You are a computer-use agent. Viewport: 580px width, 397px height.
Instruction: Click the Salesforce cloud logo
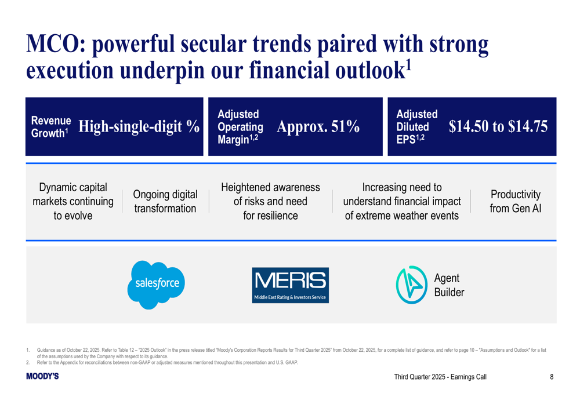coord(156,285)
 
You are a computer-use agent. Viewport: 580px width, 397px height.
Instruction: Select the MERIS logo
coord(291,285)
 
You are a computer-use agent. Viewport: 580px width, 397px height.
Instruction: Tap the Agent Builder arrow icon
coord(411,285)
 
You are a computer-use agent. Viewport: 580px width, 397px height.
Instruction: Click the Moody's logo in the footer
coord(42,376)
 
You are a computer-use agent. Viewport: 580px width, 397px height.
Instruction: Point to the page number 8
coord(552,377)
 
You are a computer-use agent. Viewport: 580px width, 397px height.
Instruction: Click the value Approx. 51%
coord(318,126)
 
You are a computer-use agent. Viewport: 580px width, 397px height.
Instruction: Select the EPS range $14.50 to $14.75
coord(498,126)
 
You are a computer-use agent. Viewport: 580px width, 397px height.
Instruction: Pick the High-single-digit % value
coord(139,126)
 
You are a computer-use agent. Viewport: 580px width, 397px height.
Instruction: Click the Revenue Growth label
coord(51,127)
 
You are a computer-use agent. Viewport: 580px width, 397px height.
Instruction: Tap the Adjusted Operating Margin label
coord(241,127)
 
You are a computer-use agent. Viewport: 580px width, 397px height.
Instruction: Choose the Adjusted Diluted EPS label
coord(417,127)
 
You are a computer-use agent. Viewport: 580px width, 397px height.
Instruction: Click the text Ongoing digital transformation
coord(165,202)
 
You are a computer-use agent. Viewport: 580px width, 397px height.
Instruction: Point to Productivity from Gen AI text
coord(515,202)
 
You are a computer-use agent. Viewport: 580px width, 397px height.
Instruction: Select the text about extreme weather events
coord(402,202)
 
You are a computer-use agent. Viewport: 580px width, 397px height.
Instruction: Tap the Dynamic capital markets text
coord(73,202)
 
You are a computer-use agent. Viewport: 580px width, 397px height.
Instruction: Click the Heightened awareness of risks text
coord(270,202)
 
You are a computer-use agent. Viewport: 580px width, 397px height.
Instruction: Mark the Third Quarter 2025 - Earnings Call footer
coord(440,377)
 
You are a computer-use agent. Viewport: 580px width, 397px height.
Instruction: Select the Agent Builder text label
coord(449,285)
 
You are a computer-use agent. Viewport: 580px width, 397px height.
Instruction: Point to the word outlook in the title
coord(370,70)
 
